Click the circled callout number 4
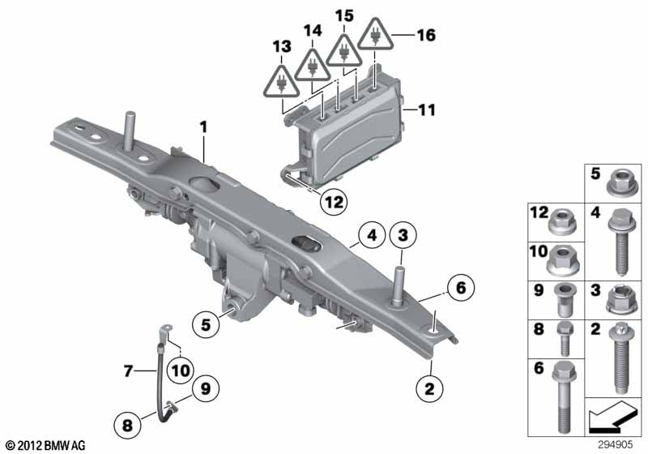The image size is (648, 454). pos(369,237)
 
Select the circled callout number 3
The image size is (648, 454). pos(403,236)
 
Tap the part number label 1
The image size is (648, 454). pos(204,126)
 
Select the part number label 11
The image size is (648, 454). pos(424,108)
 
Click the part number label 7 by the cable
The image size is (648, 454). pos(128,371)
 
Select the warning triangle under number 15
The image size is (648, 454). pos(345,49)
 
